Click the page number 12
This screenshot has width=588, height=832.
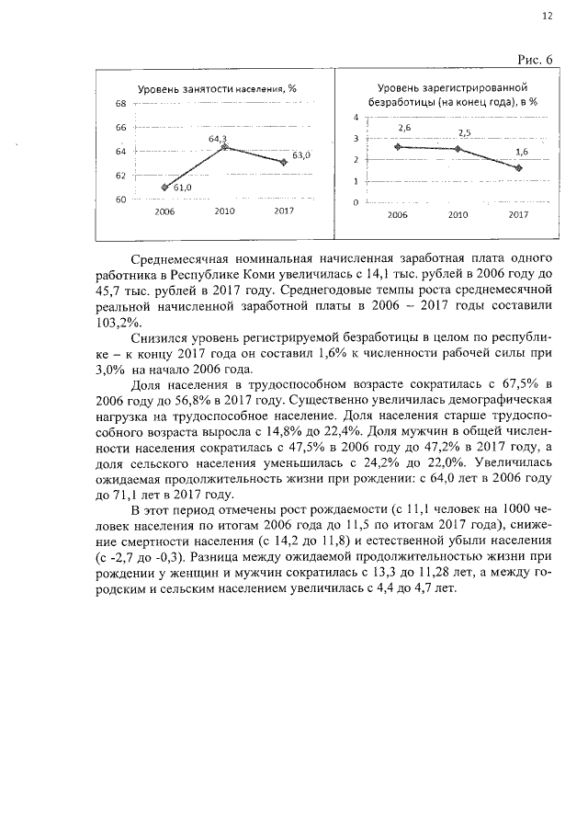[x=548, y=16]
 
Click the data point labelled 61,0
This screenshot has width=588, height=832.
[x=164, y=187]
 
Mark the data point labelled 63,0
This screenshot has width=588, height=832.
[x=284, y=162]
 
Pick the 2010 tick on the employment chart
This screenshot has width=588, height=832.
[x=224, y=211]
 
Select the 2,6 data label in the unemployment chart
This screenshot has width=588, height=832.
[x=404, y=129]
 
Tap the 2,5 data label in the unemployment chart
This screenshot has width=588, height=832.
[x=464, y=133]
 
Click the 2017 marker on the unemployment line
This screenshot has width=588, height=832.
[x=518, y=168]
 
